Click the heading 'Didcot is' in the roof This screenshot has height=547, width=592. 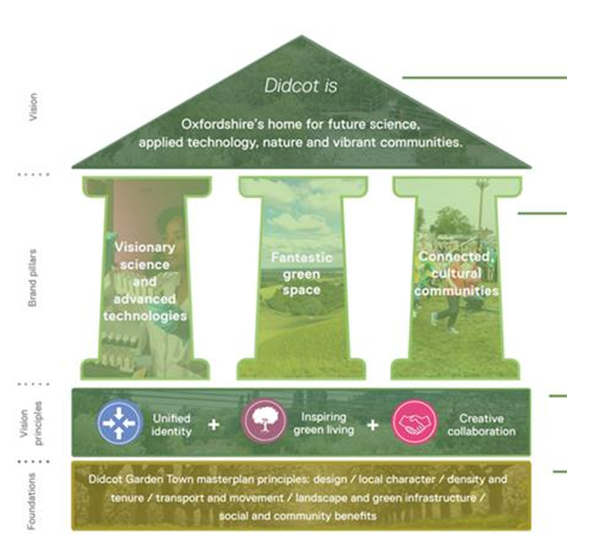(x=302, y=87)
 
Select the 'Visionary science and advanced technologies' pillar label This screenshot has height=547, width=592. (x=145, y=280)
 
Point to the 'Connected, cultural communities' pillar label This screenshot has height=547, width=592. (x=456, y=273)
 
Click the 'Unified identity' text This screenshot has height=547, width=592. (x=171, y=424)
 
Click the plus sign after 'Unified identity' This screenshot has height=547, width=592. (x=213, y=424)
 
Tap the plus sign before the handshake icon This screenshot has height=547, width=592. (x=372, y=424)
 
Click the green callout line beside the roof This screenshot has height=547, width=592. (x=484, y=77)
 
